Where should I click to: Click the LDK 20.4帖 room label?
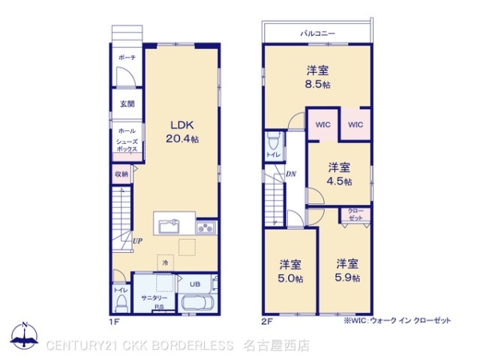[182, 131]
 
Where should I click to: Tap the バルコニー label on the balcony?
[318, 33]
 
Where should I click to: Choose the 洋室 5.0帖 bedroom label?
[290, 270]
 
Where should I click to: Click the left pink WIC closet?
[323, 124]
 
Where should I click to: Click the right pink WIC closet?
[356, 124]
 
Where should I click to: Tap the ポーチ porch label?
[126, 58]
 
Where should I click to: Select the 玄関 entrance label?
[127, 104]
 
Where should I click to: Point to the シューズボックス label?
[127, 145]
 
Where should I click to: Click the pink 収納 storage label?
[121, 173]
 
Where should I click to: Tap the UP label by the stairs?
[138, 240]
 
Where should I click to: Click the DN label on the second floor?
[291, 174]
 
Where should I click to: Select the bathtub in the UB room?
[195, 304]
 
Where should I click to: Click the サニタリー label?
[154, 298]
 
